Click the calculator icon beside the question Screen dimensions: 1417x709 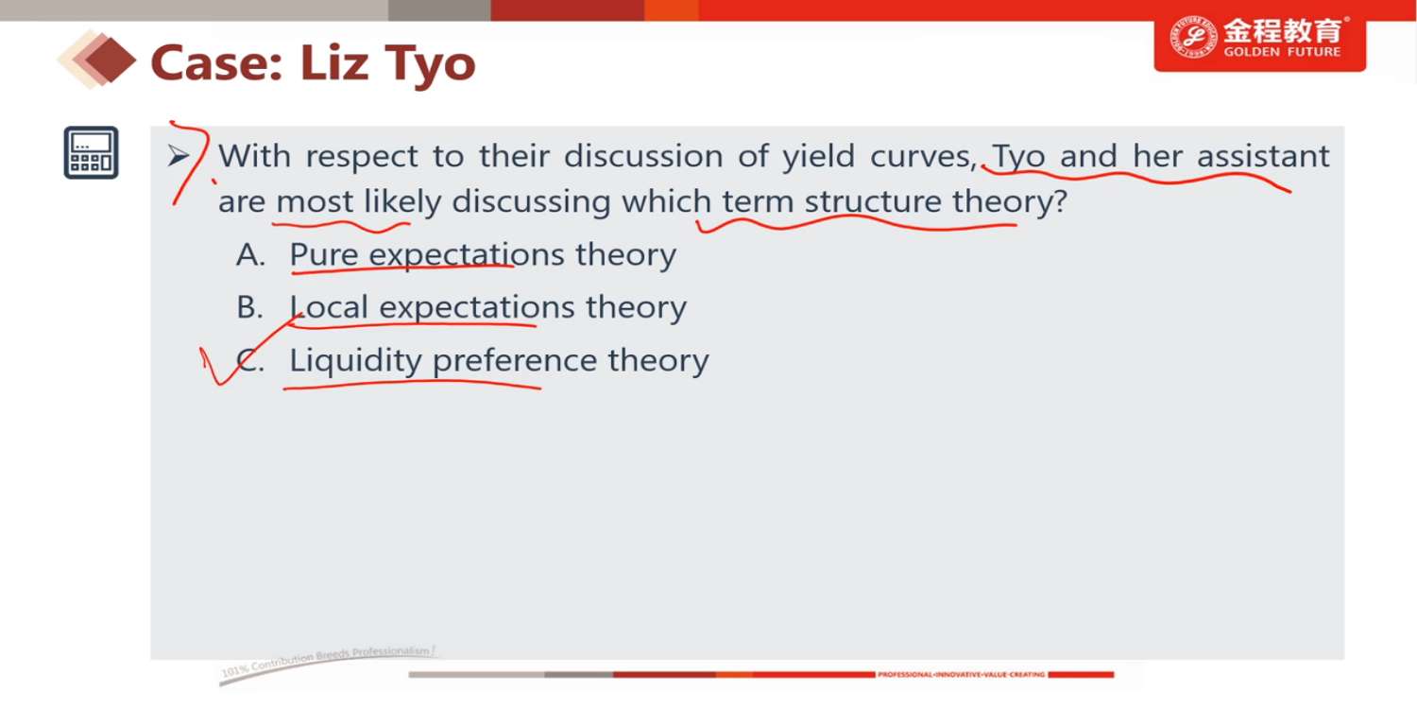[x=91, y=152]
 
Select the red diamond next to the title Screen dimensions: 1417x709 [x=111, y=61]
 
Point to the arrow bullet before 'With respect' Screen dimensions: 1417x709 [x=179, y=155]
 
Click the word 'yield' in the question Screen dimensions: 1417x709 [x=819, y=156]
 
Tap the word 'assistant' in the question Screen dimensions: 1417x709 [x=1263, y=156]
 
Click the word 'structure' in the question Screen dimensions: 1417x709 [x=873, y=202]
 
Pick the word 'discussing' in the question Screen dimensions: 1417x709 [x=531, y=202]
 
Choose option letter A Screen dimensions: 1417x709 [x=250, y=255]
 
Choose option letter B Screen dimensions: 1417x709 [x=250, y=307]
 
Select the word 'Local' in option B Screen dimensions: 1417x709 [x=329, y=307]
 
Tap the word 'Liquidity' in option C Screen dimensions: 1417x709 [x=355, y=361]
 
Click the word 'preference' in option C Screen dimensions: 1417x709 [x=515, y=361]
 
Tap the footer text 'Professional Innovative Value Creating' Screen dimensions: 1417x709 [x=961, y=675]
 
